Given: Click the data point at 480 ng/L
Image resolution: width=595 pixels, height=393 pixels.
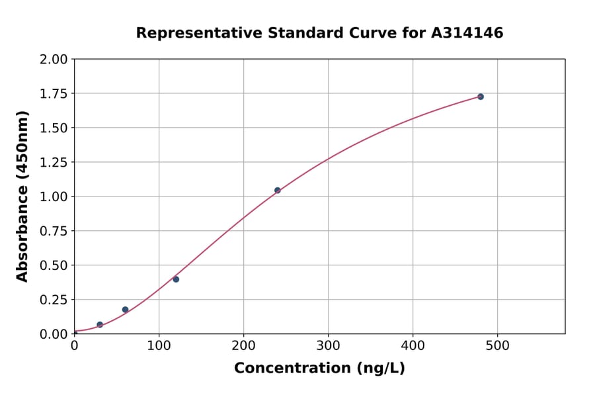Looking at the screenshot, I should tap(481, 97).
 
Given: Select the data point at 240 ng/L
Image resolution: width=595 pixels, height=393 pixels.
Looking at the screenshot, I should tap(278, 191).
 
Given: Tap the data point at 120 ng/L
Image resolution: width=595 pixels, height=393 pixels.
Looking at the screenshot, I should tap(176, 279).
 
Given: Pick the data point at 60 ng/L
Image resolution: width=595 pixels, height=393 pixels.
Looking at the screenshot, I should tap(125, 310).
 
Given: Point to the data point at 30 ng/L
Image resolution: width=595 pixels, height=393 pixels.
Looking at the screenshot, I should tap(100, 325).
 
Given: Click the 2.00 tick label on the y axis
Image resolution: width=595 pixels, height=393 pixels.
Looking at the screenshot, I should tap(54, 60).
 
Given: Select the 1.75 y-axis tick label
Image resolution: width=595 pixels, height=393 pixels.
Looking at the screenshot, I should tap(54, 94).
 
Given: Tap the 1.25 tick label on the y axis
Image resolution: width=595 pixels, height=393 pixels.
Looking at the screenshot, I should tap(54, 163).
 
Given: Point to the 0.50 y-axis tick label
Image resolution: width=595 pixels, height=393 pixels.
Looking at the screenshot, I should tap(54, 265).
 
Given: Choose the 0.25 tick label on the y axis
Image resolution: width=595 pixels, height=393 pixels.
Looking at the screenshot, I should tap(54, 300).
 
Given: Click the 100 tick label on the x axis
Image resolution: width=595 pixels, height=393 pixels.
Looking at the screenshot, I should tap(159, 345).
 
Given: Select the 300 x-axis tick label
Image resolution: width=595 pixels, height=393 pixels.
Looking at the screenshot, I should tap(329, 345).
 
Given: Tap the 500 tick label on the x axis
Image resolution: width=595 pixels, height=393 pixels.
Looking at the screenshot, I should tap(498, 345).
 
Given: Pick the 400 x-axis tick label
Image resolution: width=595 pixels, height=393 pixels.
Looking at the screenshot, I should tap(413, 345).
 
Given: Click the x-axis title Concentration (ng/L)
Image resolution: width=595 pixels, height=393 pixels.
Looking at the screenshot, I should tap(319, 369).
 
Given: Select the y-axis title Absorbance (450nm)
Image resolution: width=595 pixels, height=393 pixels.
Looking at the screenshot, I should tap(22, 196).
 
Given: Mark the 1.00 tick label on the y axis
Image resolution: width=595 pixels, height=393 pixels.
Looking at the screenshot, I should tap(54, 197).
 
